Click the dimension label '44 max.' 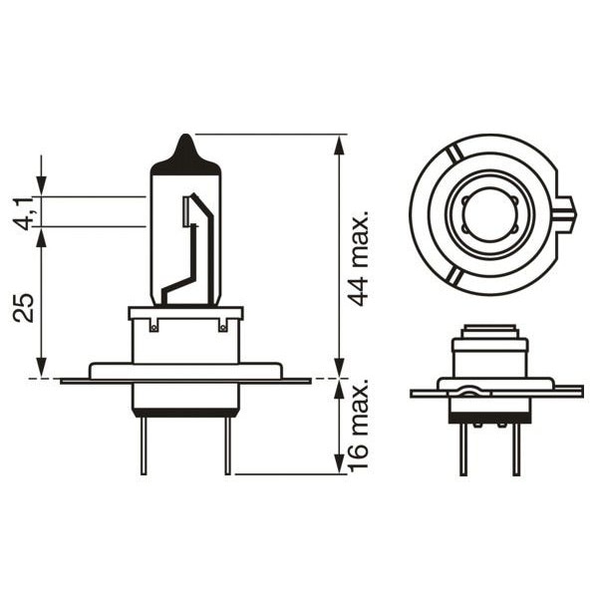[360, 258]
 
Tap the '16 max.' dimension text [360, 423]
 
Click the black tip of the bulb [184, 152]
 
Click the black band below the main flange [185, 412]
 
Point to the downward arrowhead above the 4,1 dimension [41, 184]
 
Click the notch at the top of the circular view [453, 151]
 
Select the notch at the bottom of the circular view [453, 274]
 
